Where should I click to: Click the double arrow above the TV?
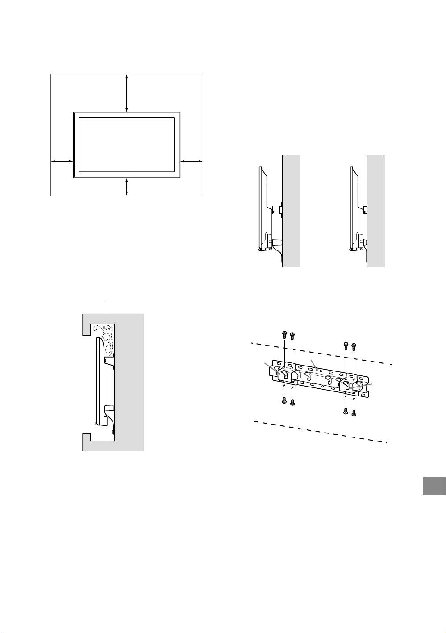127,93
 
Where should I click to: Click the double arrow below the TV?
127,186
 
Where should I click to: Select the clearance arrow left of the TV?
62,161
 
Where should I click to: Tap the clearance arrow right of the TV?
192,161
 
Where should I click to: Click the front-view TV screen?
126,145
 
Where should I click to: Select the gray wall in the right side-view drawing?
376,210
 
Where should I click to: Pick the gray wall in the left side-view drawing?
291,210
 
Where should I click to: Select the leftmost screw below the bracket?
284,400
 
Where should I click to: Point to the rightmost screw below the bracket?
354,412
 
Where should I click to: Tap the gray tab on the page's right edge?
434,486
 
